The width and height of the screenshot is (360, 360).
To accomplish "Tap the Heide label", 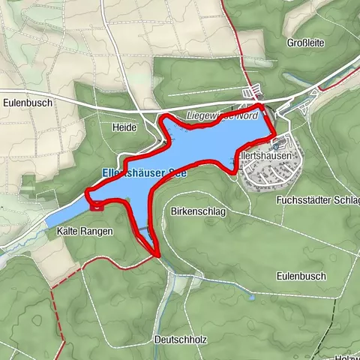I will coord(124,127).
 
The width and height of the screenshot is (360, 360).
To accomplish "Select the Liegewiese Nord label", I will coord(223,116).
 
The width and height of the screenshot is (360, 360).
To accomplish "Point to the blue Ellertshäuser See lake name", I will coord(140,172).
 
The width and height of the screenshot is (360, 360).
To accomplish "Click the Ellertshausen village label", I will coord(266,154).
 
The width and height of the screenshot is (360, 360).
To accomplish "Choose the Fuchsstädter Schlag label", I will coord(317,200).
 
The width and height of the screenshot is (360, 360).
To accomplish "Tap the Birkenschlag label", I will coord(198,212).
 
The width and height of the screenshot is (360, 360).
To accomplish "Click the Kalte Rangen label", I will coord(85,232).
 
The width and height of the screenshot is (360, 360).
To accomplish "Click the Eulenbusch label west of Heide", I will coord(25,103).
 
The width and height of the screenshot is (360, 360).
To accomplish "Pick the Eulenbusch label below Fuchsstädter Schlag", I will coord(301,276).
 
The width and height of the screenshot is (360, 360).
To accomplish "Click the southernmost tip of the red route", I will coord(158,255).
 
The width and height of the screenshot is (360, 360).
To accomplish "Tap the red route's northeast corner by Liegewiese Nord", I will coord(262,109).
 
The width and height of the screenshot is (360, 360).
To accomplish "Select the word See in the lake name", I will coord(175,172).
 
